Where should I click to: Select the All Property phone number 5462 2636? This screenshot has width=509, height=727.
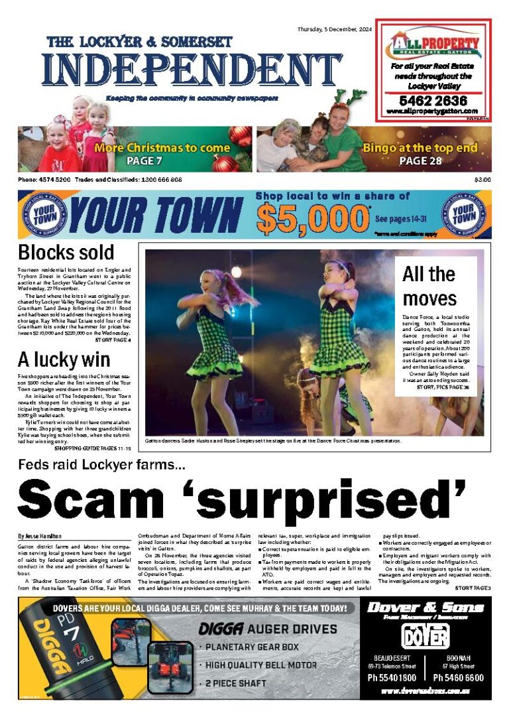(433, 101)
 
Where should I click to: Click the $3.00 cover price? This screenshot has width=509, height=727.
(482, 180)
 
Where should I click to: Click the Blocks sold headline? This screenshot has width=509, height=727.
(66, 253)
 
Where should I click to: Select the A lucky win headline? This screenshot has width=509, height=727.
(64, 360)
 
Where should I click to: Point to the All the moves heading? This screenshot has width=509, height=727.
(429, 285)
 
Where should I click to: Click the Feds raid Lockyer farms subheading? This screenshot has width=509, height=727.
(101, 466)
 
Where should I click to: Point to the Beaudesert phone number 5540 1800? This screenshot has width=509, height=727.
(392, 678)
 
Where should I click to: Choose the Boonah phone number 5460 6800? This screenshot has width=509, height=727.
(459, 678)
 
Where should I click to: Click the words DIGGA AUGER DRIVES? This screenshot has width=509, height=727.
(268, 629)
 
